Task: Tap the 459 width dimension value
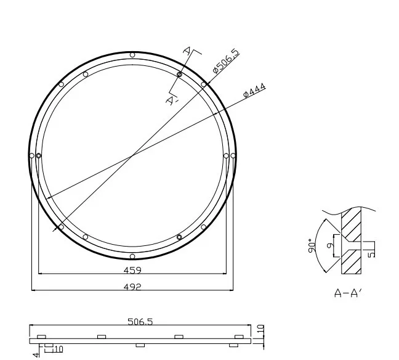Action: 133,270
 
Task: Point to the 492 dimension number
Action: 133,286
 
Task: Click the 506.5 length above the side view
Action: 140,322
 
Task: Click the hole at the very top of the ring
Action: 132,55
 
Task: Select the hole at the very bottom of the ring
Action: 132,256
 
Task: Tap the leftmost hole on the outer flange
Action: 31,155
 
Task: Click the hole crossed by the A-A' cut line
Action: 179,75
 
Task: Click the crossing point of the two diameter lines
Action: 132,155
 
